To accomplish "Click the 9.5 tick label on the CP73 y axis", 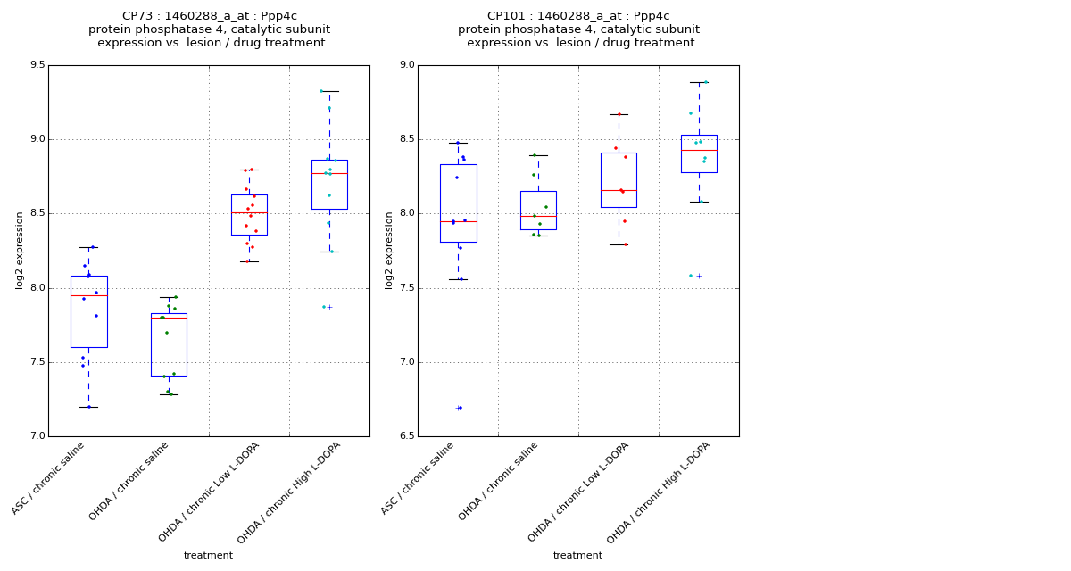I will pyautogui.click(x=36, y=65).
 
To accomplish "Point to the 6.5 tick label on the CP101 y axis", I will pyautogui.click(x=405, y=436).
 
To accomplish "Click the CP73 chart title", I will pyautogui.click(x=210, y=29).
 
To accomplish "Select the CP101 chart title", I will pyautogui.click(x=578, y=29).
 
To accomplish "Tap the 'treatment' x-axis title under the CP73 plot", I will pyautogui.click(x=208, y=555).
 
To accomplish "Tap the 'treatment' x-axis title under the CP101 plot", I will pyautogui.click(x=577, y=555).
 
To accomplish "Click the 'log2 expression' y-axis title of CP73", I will pyautogui.click(x=20, y=251).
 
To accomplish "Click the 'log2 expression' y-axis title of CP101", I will pyautogui.click(x=389, y=251).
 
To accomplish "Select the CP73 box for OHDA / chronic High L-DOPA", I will pyautogui.click(x=329, y=185).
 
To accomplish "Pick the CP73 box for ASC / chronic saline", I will pyautogui.click(x=88, y=311).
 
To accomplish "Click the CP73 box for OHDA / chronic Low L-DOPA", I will pyautogui.click(x=249, y=215).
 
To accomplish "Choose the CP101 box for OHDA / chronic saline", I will pyautogui.click(x=538, y=211).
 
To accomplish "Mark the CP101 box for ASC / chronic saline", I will pyautogui.click(x=458, y=203).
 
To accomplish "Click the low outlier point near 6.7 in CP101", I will pyautogui.click(x=460, y=408).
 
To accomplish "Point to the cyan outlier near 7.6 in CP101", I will pyautogui.click(x=691, y=276).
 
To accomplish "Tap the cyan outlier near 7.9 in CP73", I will pyautogui.click(x=324, y=307).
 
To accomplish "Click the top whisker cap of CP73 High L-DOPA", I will pyautogui.click(x=329, y=91).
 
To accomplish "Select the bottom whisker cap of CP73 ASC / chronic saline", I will pyautogui.click(x=88, y=407).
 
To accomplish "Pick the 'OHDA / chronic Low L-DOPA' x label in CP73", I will pyautogui.click(x=209, y=492).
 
